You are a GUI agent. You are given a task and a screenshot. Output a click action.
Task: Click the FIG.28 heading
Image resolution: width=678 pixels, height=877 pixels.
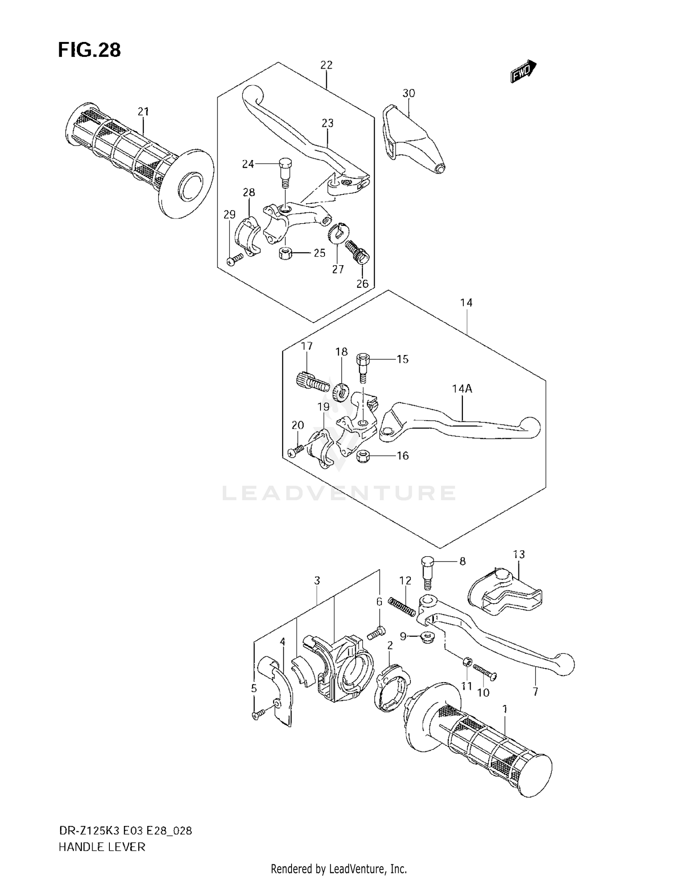pos(89,50)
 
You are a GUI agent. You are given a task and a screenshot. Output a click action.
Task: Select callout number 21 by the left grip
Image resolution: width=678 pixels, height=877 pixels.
pos(143,111)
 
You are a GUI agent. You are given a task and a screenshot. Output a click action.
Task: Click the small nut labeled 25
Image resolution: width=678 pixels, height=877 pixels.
pos(285,253)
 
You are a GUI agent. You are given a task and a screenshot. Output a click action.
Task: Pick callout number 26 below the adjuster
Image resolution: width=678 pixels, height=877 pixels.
pos(362,283)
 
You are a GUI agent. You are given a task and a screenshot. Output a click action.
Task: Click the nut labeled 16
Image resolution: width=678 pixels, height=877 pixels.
pos(363,456)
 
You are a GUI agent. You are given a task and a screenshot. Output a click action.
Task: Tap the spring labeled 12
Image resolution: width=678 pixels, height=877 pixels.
pos(402,606)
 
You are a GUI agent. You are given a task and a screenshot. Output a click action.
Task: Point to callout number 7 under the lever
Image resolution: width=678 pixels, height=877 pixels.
pos(535,691)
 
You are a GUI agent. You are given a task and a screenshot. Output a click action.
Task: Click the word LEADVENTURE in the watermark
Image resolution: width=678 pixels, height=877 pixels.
pos(339,493)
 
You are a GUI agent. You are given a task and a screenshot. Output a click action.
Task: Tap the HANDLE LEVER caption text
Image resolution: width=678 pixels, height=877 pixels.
pos(102,847)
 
